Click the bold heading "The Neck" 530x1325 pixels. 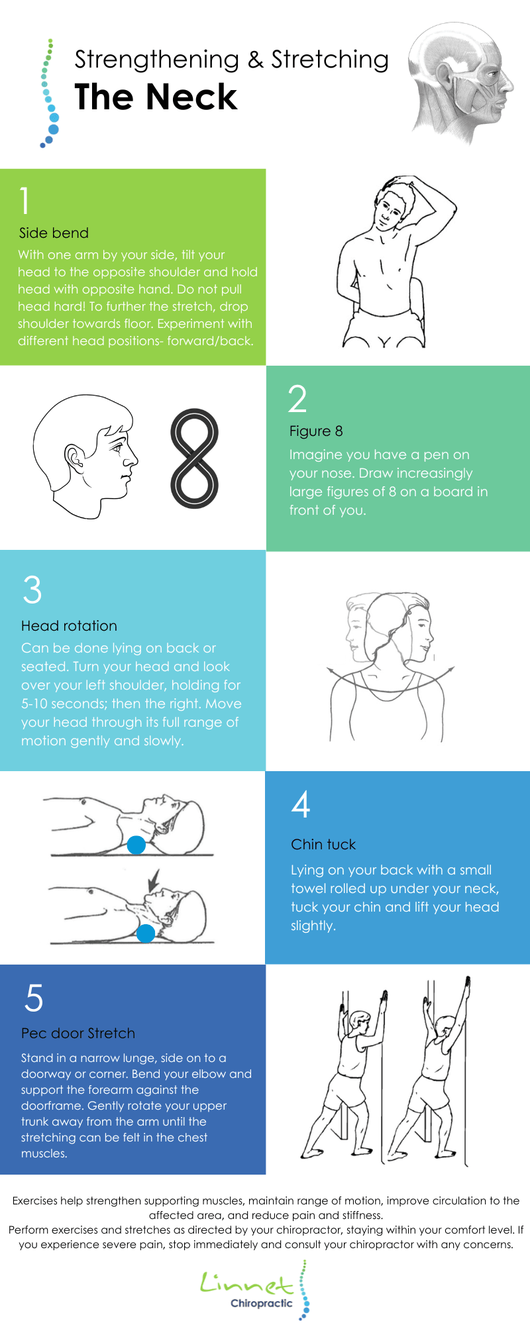pyautogui.click(x=156, y=97)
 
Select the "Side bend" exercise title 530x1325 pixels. pyautogui.click(x=54, y=233)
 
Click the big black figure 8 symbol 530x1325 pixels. pyautogui.click(x=194, y=458)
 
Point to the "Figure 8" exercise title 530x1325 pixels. pyautogui.click(x=316, y=431)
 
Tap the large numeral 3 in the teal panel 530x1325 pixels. pyautogui.click(x=32, y=590)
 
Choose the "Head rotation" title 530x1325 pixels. pyautogui.click(x=69, y=626)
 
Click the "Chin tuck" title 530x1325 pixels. pyautogui.click(x=323, y=845)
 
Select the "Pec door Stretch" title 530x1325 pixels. pyautogui.click(x=78, y=1033)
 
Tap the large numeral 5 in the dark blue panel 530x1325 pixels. pyautogui.click(x=34, y=998)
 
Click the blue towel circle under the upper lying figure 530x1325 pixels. pyautogui.click(x=136, y=845)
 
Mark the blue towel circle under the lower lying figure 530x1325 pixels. pyautogui.click(x=145, y=933)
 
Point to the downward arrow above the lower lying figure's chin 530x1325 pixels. pyautogui.click(x=154, y=880)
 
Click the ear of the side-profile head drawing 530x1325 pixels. pyautogui.click(x=74, y=456)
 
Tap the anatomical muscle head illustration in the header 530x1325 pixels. pyautogui.click(x=460, y=83)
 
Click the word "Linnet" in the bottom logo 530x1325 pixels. pyautogui.click(x=246, y=1283)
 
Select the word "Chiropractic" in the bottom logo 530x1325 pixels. pyautogui.click(x=261, y=1304)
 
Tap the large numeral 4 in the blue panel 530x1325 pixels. pyautogui.click(x=301, y=804)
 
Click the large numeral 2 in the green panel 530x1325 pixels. pyautogui.click(x=297, y=399)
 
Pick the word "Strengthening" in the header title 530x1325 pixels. pyautogui.click(x=157, y=60)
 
